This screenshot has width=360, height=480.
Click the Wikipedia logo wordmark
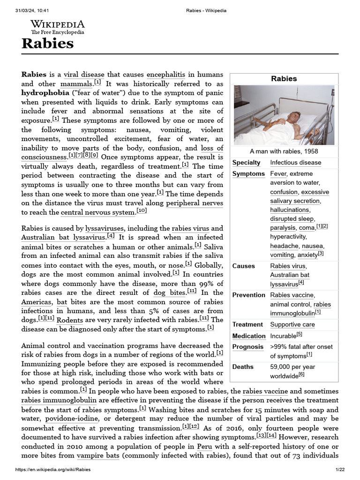[x=58, y=24]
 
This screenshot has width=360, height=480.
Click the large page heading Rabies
[x=47, y=44]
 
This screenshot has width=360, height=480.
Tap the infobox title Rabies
[x=284, y=79]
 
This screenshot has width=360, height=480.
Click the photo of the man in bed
[x=284, y=115]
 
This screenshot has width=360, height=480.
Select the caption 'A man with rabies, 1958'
[x=284, y=151]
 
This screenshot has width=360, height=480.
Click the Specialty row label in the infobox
[x=246, y=163]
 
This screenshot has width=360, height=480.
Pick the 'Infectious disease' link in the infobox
[x=295, y=163]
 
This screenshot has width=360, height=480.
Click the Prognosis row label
[x=247, y=347]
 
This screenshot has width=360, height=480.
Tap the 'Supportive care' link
[x=292, y=324]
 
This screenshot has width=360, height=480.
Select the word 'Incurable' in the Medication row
[x=283, y=336]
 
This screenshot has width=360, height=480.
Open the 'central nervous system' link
[x=97, y=212]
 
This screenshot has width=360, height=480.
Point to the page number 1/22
[x=340, y=470]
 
